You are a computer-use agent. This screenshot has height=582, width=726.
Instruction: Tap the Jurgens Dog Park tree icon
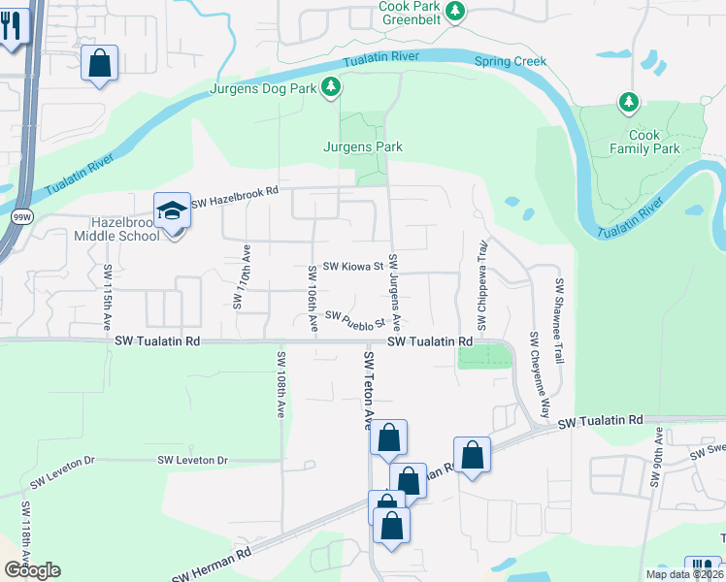332,88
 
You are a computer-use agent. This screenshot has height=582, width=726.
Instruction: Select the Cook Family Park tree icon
629,102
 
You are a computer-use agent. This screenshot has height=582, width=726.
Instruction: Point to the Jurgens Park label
362,147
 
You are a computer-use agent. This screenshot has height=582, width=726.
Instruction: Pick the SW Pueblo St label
355,319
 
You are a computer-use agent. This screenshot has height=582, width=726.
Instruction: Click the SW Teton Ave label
368,390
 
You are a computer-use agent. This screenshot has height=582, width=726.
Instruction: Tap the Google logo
32,570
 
